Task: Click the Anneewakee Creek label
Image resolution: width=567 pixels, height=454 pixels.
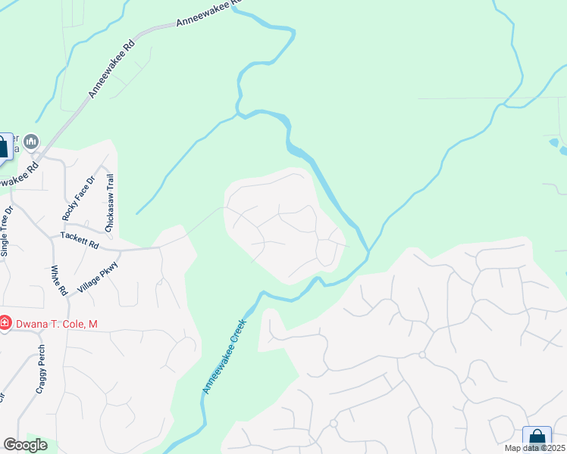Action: click(225, 355)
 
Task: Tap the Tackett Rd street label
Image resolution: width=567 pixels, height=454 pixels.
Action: click(80, 241)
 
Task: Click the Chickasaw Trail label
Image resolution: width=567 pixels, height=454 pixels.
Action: click(110, 203)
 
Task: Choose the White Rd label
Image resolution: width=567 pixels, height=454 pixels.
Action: click(58, 280)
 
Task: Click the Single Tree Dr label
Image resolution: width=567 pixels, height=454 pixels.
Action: click(8, 232)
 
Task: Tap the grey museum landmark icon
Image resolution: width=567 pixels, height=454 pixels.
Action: click(31, 141)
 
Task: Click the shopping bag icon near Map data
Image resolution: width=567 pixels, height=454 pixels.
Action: click(537, 437)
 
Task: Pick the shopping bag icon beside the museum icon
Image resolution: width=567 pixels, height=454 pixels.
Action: click(4, 146)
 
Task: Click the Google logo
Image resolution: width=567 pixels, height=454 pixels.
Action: click(25, 445)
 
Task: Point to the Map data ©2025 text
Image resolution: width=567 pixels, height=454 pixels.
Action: click(534, 448)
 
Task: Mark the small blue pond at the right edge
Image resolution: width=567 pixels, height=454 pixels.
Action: click(556, 143)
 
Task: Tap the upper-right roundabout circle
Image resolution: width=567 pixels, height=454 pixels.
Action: click(422, 354)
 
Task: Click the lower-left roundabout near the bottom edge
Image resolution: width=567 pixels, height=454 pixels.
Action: click(333, 424)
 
